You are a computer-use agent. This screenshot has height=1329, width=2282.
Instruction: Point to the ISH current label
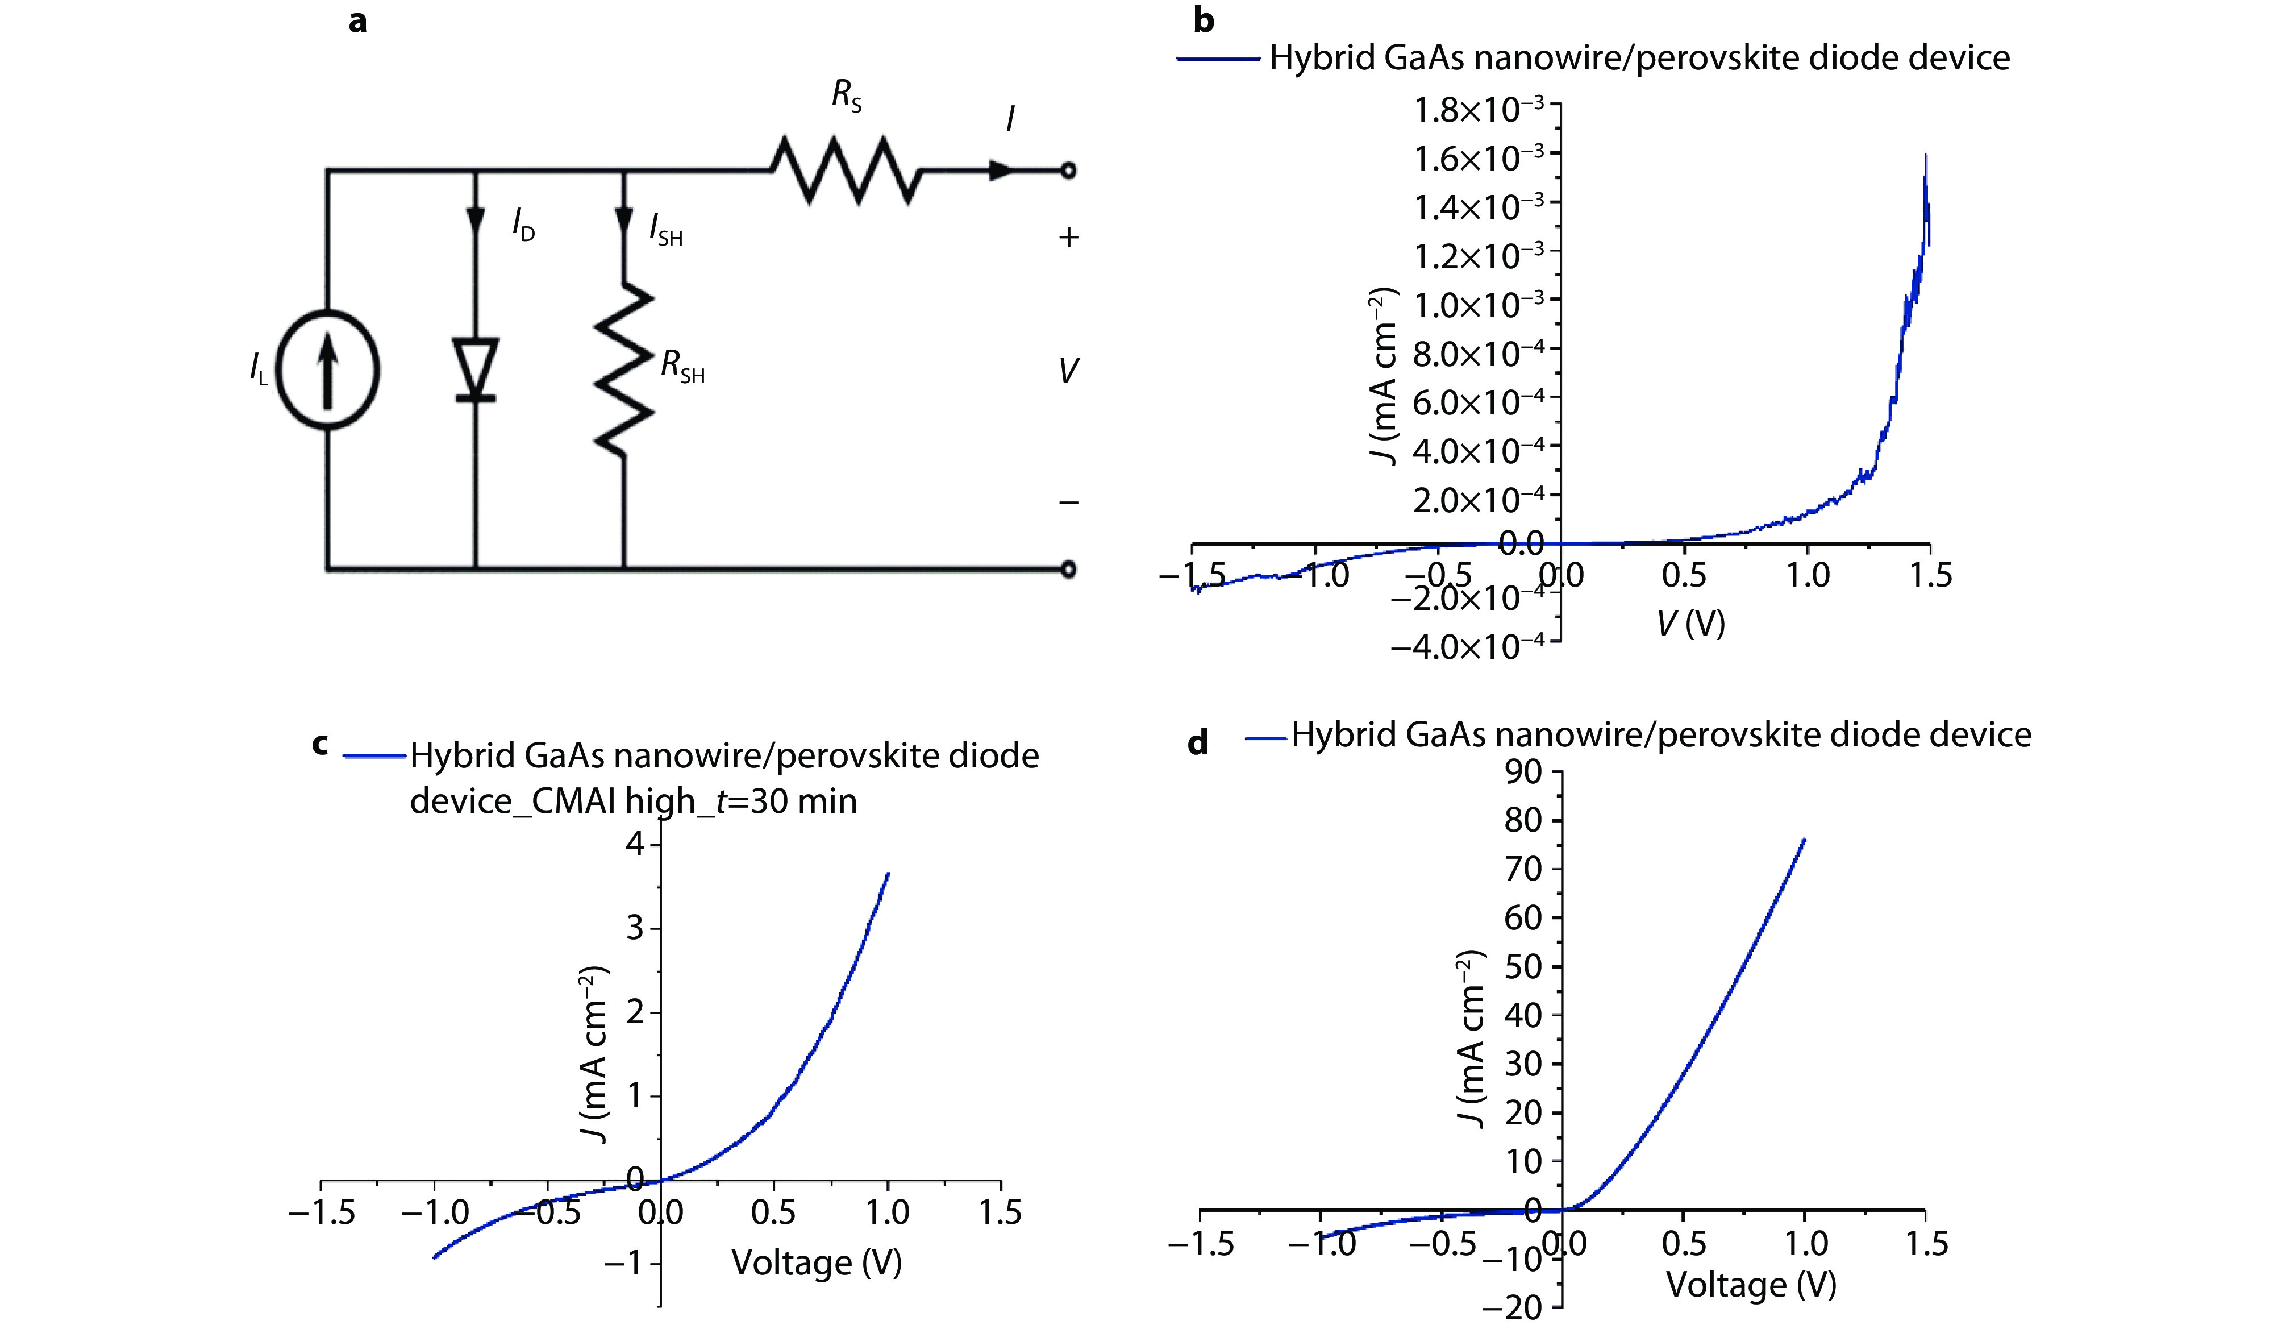tap(665, 229)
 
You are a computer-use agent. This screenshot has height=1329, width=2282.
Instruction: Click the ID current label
tap(523, 224)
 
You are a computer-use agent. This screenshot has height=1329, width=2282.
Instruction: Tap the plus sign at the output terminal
tap(1069, 238)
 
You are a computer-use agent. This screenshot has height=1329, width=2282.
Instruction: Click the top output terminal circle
tap(1069, 171)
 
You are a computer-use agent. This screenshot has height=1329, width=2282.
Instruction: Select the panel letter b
tap(1204, 20)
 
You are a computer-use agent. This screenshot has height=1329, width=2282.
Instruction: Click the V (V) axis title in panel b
tap(1690, 623)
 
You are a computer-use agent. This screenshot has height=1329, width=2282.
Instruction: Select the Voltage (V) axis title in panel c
tap(816, 1262)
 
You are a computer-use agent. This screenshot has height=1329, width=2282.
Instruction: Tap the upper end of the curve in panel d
tap(1804, 840)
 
